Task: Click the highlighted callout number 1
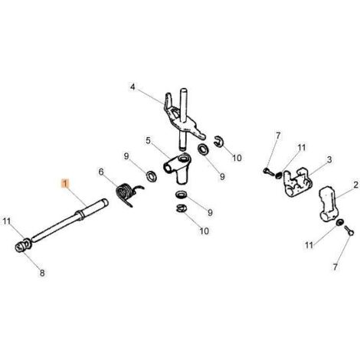[65, 183]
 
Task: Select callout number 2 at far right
[356, 185]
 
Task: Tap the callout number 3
[329, 160]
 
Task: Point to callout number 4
[133, 87]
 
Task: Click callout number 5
[149, 140]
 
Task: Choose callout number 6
[101, 172]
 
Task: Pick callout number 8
[42, 273]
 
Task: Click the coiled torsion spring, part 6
[126, 195]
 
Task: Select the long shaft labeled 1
[69, 221]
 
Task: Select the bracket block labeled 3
[297, 182]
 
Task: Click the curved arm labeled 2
[329, 204]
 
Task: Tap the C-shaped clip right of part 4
[218, 141]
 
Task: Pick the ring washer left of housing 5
[151, 176]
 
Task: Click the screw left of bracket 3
[267, 171]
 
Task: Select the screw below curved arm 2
[349, 231]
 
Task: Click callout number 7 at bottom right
[335, 267]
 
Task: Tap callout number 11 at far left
[7, 221]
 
